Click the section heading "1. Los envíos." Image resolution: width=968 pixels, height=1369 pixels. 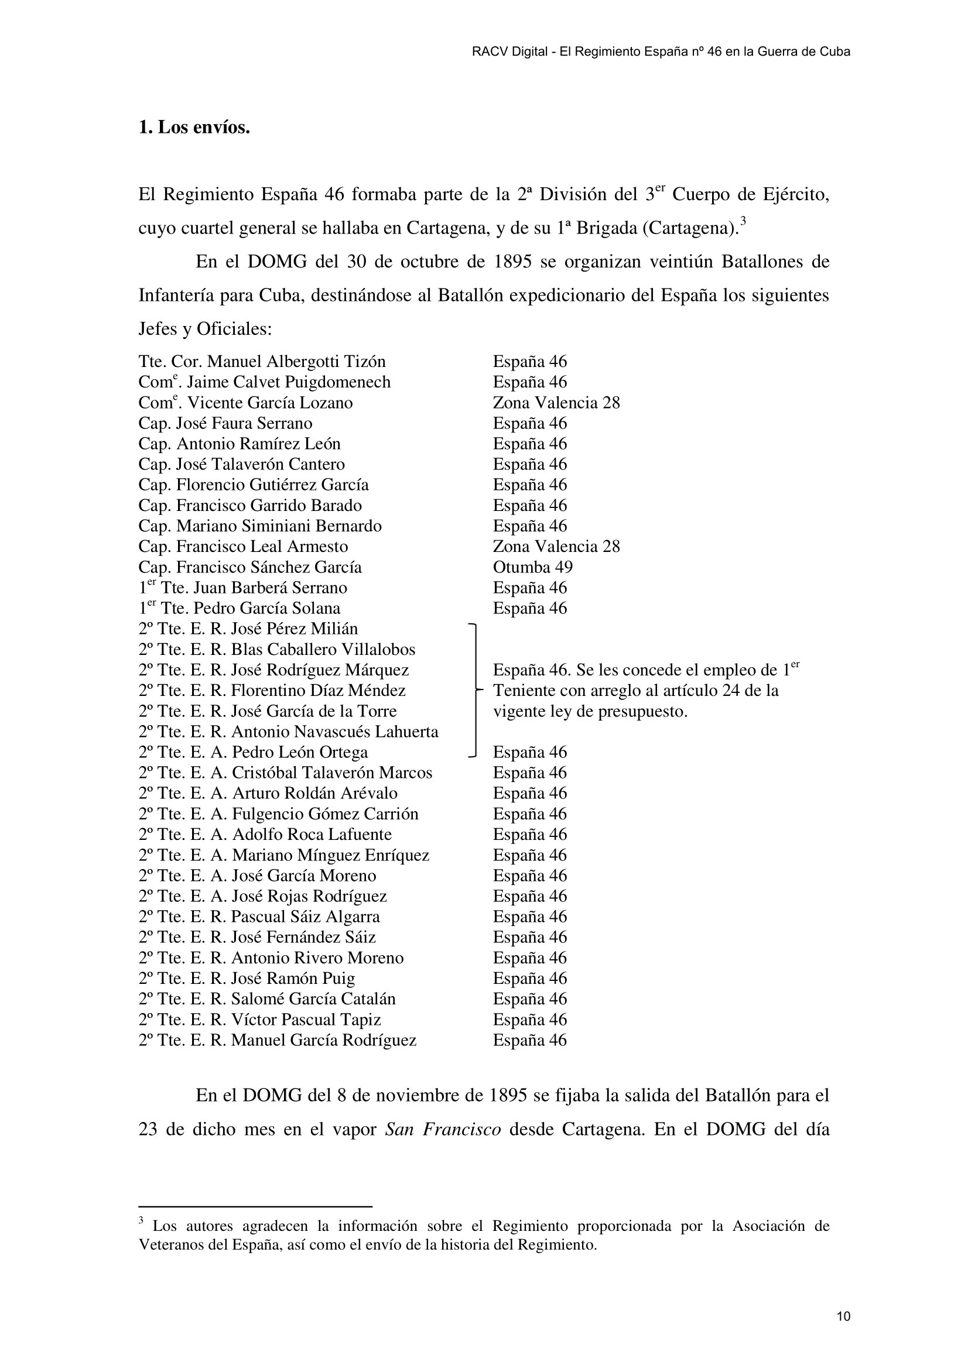194,128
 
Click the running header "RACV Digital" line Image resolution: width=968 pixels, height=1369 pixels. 660,52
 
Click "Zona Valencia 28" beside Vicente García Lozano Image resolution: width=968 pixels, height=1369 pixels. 556,403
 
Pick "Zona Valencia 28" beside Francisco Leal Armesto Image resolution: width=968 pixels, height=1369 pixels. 556,547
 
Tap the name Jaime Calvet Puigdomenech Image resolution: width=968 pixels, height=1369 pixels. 289,382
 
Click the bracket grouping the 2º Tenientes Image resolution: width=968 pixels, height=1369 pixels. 475,690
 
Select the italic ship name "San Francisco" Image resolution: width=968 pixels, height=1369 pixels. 443,1129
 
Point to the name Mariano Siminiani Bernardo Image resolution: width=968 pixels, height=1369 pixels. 279,526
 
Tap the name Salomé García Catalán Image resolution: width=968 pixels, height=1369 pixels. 313,999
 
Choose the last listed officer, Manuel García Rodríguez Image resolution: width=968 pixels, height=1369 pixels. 323,1040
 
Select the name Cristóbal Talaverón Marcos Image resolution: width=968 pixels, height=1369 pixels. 331,773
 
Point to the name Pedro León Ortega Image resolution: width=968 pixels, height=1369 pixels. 299,753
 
